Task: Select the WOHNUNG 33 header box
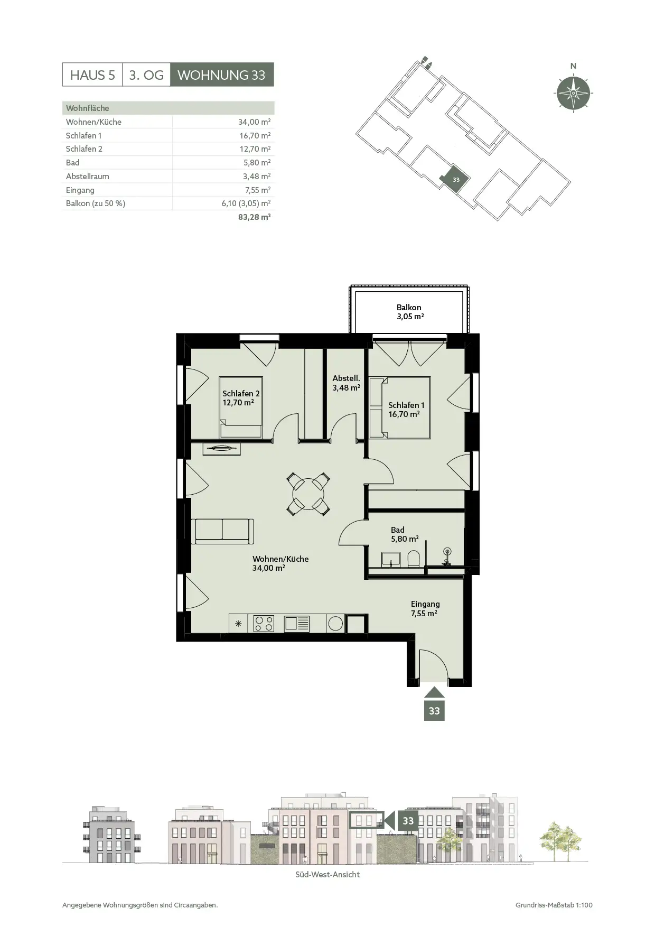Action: click(222, 75)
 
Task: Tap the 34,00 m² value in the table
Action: click(254, 122)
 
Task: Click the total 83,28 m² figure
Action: click(254, 217)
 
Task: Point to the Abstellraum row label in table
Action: click(87, 176)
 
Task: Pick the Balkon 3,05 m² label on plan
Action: click(409, 312)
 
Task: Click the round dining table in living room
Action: click(308, 494)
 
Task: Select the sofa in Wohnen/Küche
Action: click(222, 531)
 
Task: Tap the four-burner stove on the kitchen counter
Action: click(264, 624)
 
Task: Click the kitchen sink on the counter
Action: click(297, 624)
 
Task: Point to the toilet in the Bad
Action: click(414, 559)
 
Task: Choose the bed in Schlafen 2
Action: click(241, 407)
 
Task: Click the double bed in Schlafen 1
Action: click(399, 407)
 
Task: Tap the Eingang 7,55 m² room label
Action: click(425, 608)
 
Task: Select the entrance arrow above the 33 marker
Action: click(434, 693)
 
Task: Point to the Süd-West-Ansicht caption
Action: click(327, 875)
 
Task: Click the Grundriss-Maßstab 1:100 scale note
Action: click(554, 905)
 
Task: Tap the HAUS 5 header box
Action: click(92, 75)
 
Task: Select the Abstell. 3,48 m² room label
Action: click(346, 383)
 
